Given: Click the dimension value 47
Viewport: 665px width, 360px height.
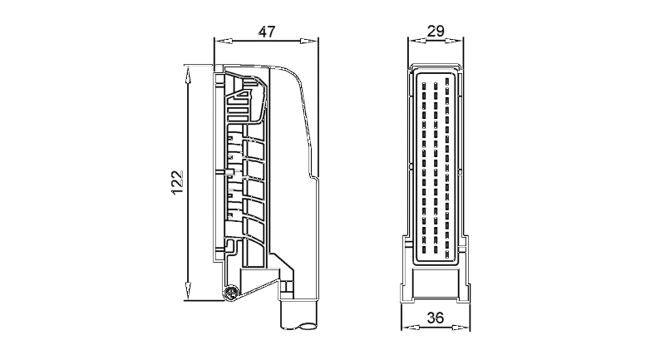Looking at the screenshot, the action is coord(267,32).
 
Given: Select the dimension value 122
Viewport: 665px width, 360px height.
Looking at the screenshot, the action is coord(178,183).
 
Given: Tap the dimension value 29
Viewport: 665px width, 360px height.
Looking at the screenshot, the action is coord(436,31).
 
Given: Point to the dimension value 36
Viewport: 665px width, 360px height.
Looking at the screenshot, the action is coord(436,317).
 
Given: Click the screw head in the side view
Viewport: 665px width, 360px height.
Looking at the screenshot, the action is coord(231,293).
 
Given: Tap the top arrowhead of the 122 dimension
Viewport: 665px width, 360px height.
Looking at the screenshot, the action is coord(188,74).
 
